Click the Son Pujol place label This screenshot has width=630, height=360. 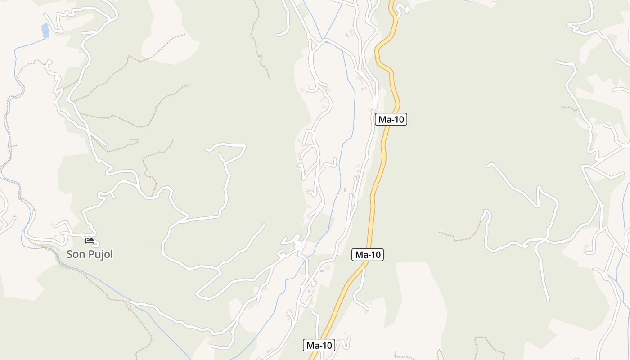point(90,254)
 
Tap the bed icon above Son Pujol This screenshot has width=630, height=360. point(90,241)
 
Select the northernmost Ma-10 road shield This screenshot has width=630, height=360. point(391,119)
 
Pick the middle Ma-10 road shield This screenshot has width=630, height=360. point(367,255)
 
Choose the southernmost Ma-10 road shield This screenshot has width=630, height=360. point(319,346)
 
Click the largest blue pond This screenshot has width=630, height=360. point(45,30)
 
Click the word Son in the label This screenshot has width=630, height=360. point(76,254)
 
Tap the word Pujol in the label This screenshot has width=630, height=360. point(100,254)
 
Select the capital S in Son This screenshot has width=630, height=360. point(70,254)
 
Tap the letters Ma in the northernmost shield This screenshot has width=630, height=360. point(384,119)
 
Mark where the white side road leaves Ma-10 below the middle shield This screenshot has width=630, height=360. point(364,266)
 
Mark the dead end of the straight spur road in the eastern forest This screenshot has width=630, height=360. point(548,301)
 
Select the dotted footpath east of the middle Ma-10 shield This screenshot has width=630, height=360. point(463,237)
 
